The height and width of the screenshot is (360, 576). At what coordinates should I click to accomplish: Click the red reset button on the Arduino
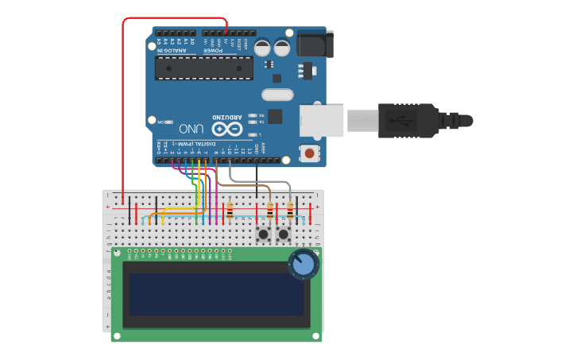coord(308,152)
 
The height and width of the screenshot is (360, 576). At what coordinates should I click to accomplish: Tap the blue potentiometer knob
coord(303,264)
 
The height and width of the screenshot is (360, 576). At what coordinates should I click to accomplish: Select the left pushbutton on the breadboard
coord(262,234)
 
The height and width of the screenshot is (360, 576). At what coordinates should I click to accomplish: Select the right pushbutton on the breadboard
coord(283,234)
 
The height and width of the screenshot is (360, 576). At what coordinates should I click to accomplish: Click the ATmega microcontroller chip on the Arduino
coord(204,68)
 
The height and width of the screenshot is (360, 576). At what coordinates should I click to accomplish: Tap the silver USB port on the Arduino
coord(321,121)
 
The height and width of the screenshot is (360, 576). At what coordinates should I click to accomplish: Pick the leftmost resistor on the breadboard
coord(230,211)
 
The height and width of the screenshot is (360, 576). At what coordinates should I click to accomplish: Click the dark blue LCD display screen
coord(216,294)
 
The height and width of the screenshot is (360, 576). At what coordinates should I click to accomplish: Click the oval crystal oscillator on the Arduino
coord(277,95)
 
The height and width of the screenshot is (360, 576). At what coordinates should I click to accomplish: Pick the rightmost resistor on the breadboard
coord(290,211)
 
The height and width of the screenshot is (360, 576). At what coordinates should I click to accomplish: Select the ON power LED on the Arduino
coord(169,122)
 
